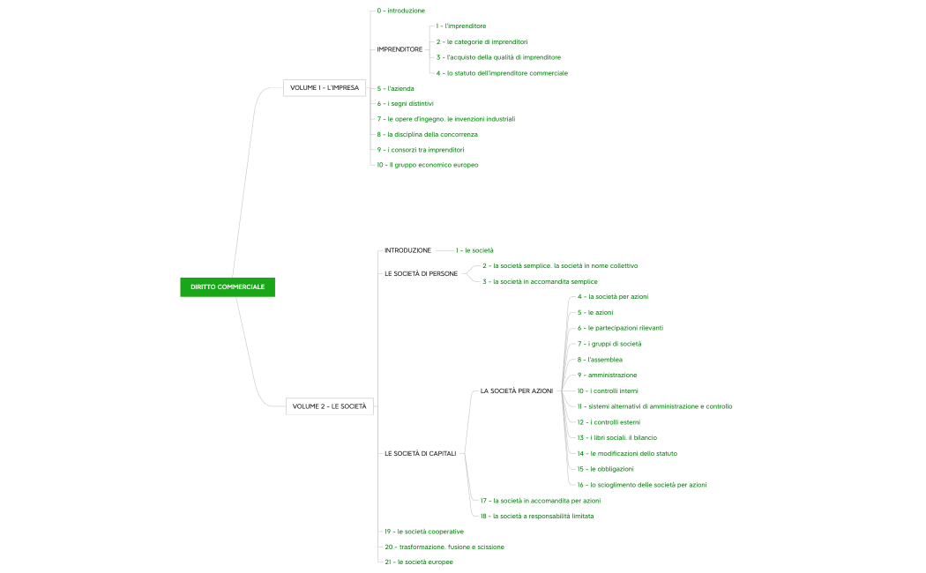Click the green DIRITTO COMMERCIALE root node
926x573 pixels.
click(x=227, y=286)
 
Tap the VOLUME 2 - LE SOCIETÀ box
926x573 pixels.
click(x=330, y=406)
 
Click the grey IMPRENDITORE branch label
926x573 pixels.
click(x=399, y=49)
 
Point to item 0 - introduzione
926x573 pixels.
click(x=401, y=11)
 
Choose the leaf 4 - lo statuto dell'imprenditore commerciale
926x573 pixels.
click(x=502, y=72)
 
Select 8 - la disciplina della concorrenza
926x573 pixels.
click(x=428, y=134)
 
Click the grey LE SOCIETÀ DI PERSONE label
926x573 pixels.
click(x=421, y=273)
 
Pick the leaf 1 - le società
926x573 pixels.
click(x=475, y=250)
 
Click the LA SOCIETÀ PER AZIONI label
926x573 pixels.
click(x=517, y=390)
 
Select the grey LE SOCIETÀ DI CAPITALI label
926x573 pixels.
click(x=420, y=453)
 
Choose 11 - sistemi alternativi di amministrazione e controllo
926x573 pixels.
click(x=654, y=406)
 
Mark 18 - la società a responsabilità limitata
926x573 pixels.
click(x=536, y=516)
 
